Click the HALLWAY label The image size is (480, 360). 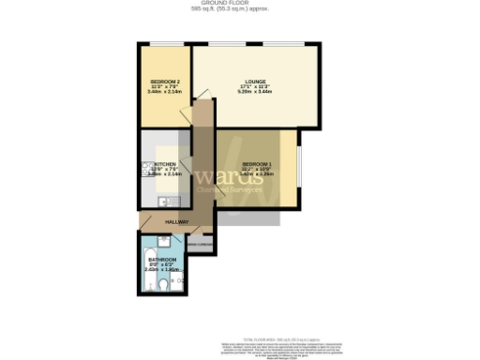(176, 222)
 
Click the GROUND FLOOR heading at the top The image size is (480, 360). (239, 4)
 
